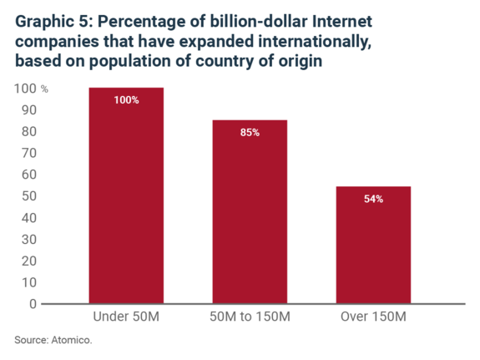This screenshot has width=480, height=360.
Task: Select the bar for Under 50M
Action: pos(126,195)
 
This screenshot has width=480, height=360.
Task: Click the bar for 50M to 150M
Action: pos(250,211)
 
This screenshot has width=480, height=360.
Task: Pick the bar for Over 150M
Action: pos(373,245)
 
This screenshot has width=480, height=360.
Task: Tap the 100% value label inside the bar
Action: pos(126,100)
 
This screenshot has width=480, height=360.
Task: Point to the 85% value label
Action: pos(250,132)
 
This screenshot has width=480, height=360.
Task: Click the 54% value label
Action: pos(373,199)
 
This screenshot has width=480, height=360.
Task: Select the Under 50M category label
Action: pos(126,317)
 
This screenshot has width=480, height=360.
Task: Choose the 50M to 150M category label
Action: pos(250,317)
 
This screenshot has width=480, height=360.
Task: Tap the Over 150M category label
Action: pos(373,317)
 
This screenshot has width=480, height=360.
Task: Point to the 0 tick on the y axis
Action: pos(33,304)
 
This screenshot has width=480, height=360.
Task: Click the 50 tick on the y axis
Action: pos(29,196)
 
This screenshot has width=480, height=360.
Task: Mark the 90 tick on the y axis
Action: pos(29,110)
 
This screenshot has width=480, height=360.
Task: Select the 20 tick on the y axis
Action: pos(29,261)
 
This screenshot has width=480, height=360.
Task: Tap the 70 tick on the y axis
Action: pos(29,153)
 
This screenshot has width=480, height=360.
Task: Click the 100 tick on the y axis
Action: pos(25,89)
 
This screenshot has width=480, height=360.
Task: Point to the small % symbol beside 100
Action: pos(44,89)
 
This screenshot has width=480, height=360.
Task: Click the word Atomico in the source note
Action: pos(72,340)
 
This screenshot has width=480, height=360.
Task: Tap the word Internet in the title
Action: pos(342,22)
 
